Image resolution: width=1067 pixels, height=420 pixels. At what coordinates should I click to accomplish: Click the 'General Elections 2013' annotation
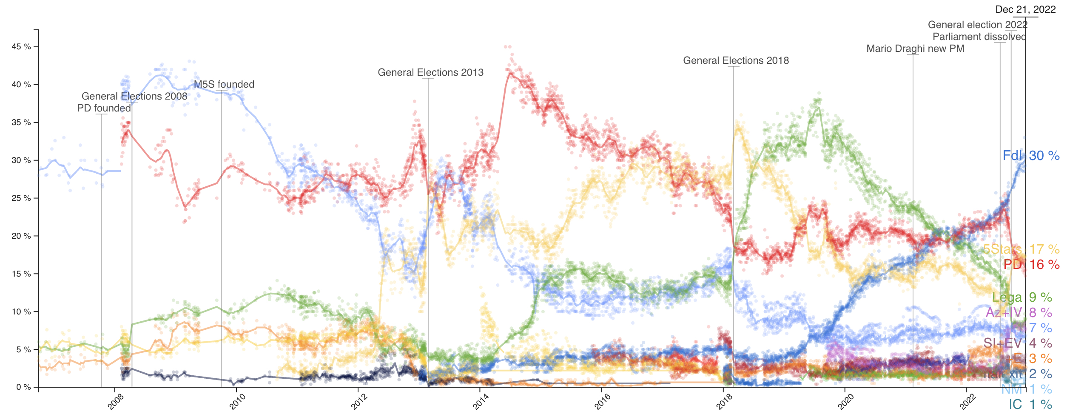(x=430, y=73)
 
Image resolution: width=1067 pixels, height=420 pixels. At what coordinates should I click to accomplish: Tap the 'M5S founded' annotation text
(x=224, y=85)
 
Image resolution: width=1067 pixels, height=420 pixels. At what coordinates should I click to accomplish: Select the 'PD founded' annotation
(x=104, y=109)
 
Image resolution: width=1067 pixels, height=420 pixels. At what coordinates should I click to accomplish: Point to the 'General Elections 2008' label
(x=134, y=97)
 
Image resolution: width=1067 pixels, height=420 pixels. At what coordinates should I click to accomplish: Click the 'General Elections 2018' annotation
(x=736, y=61)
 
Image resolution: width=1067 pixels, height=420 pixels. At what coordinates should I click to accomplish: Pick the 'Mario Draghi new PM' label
(x=915, y=49)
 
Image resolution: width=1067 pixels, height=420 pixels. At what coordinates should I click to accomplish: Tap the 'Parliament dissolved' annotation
(x=979, y=37)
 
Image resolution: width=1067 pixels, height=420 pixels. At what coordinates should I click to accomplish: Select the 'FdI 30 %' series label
(x=1031, y=156)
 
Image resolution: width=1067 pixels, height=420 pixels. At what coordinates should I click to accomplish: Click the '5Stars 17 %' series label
(x=1021, y=249)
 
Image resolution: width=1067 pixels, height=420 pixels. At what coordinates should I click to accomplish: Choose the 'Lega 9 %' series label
(x=1022, y=297)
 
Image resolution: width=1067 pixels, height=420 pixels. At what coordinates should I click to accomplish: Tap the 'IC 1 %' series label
(x=1030, y=405)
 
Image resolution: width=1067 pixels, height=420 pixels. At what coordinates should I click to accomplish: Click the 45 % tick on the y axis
(x=21, y=47)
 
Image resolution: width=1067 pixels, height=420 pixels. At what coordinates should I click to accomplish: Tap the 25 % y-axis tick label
(x=21, y=198)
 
